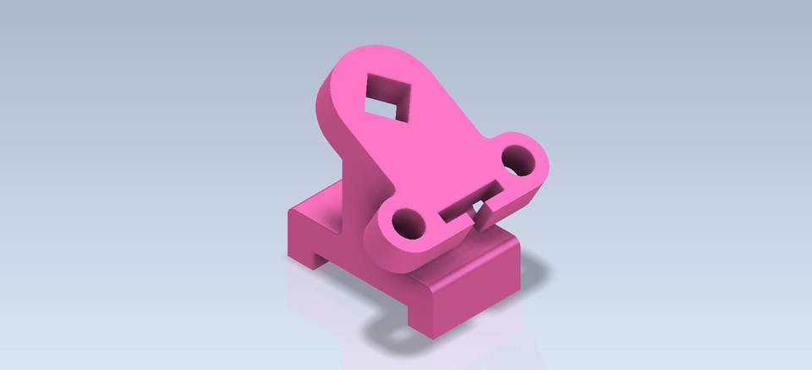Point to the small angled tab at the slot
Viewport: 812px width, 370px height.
485,213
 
